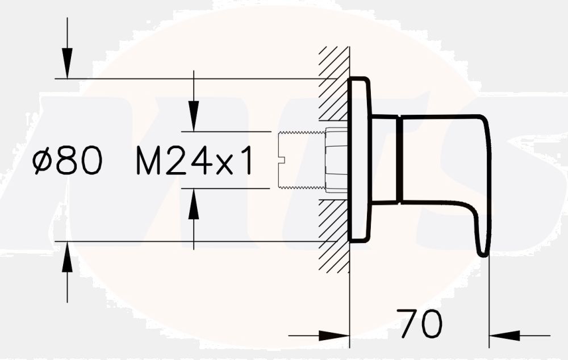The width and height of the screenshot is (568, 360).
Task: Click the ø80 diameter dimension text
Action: [68, 161]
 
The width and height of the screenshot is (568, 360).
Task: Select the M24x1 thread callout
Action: [194, 161]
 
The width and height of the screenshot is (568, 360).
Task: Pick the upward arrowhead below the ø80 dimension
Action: [68, 255]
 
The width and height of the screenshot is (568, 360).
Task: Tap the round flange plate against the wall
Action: [359, 160]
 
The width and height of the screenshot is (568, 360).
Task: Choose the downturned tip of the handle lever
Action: [483, 241]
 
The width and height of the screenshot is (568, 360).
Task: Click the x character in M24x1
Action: [225, 165]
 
